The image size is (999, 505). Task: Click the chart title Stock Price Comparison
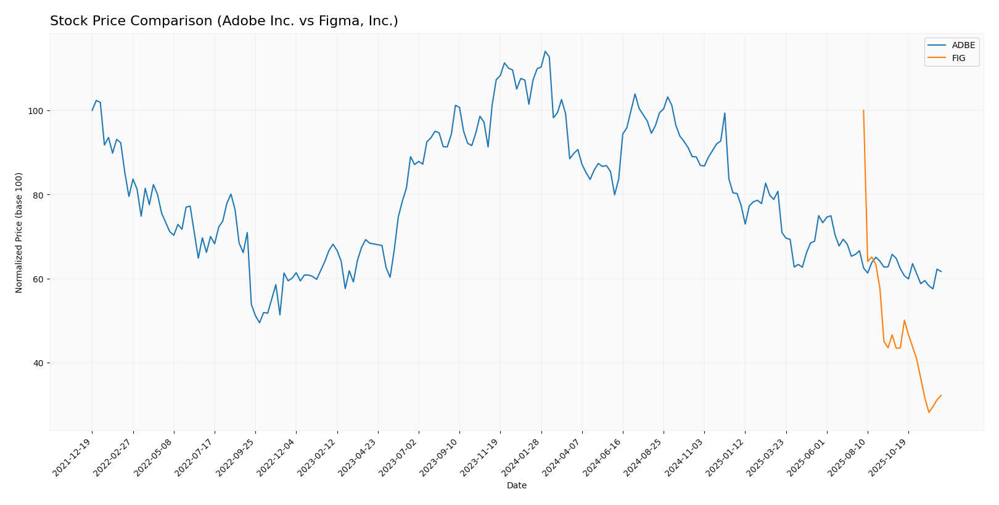click(224, 22)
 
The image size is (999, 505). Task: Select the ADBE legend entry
click(963, 46)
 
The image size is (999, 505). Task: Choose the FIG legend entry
click(958, 59)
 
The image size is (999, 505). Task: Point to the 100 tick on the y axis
click(36, 111)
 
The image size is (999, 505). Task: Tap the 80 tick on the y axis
click(38, 195)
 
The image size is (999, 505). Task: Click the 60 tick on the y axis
click(38, 279)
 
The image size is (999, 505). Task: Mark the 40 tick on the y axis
click(38, 363)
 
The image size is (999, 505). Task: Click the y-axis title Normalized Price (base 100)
click(19, 232)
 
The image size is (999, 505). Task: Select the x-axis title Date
click(517, 486)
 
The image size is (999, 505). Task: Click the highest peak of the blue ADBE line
click(545, 52)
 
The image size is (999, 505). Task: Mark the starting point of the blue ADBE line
click(92, 110)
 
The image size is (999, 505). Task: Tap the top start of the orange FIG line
click(863, 110)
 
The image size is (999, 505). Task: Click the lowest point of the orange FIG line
click(929, 412)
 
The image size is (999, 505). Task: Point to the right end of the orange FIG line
click(941, 395)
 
